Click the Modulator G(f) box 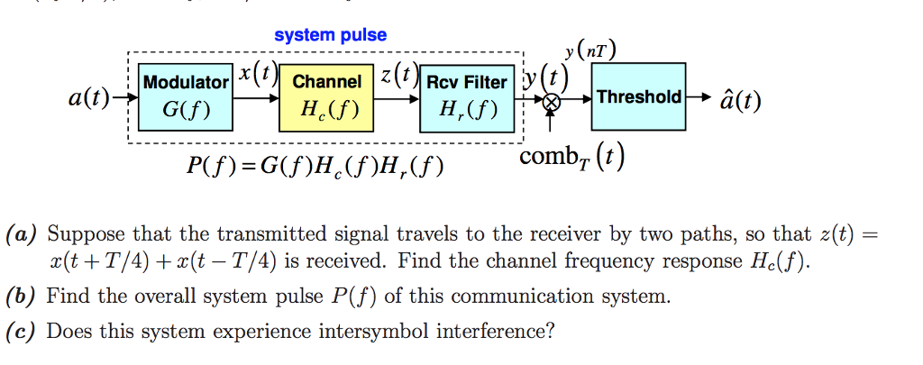pos(186,97)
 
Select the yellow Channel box pos(325,97)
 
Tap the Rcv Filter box pos(466,97)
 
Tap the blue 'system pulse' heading pos(330,35)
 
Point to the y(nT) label pos(590,52)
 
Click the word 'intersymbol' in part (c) pos(383,332)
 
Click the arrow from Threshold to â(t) pos(698,96)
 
